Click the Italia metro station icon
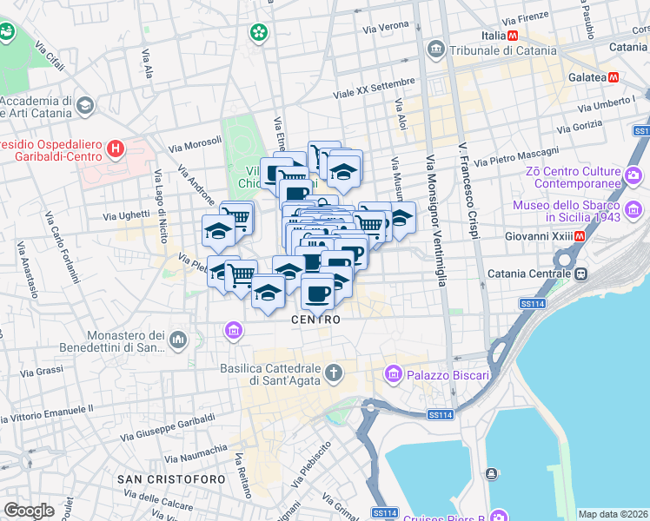[514, 36]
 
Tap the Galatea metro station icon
[614, 77]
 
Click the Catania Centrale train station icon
[582, 274]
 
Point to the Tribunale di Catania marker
[436, 50]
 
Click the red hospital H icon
[115, 150]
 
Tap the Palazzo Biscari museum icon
[392, 375]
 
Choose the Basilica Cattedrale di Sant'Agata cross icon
[333, 374]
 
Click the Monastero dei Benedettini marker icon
[178, 339]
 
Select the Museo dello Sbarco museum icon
[633, 209]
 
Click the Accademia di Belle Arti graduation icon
[84, 106]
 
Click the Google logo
[29, 511]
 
